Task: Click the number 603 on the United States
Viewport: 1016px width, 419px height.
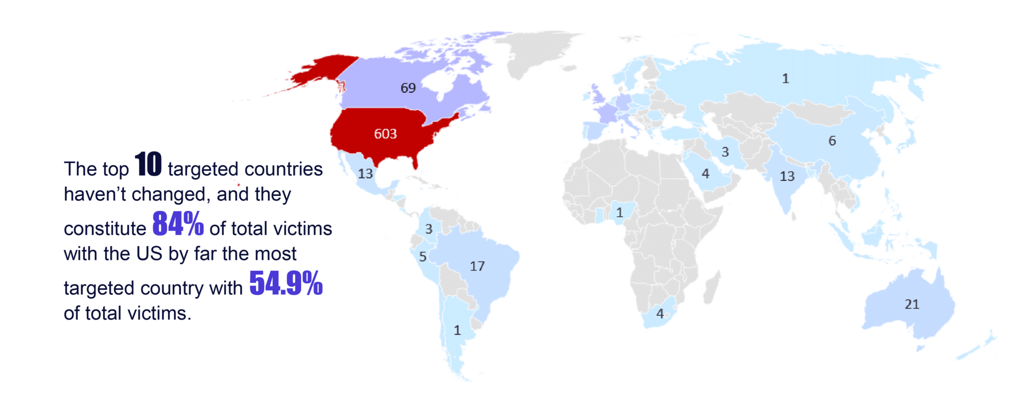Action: [x=385, y=134]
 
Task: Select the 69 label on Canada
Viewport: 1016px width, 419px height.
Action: [x=408, y=88]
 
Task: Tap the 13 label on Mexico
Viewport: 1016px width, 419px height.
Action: [x=365, y=174]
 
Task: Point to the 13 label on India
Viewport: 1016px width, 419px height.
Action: [x=787, y=177]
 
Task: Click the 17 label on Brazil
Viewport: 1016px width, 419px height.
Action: [x=477, y=266]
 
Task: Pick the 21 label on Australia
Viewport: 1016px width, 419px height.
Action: [x=912, y=304]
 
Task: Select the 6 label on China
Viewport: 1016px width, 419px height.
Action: [x=832, y=141]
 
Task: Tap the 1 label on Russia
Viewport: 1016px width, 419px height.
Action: [x=785, y=79]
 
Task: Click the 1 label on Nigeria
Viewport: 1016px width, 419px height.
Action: [x=619, y=213]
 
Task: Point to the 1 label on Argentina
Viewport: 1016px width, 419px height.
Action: [x=457, y=330]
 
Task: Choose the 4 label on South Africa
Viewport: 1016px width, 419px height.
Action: [x=660, y=314]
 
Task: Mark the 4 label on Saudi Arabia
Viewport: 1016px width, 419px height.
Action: [x=705, y=174]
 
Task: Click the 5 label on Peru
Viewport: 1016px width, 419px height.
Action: [x=423, y=257]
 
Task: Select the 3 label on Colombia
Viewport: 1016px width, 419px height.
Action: [x=429, y=229]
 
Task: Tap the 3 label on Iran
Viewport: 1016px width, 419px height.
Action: [x=725, y=152]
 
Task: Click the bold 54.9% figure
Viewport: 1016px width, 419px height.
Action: [x=286, y=284]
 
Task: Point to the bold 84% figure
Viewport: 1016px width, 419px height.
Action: [x=178, y=224]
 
